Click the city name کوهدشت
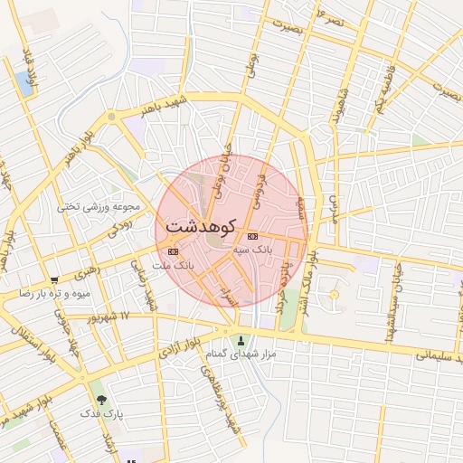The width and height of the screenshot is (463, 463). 200,226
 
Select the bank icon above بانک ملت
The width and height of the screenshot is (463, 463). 173,251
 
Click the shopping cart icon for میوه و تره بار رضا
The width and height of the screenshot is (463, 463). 55,280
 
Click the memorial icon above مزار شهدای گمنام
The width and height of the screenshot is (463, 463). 240,341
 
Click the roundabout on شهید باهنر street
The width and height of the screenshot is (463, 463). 111,117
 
